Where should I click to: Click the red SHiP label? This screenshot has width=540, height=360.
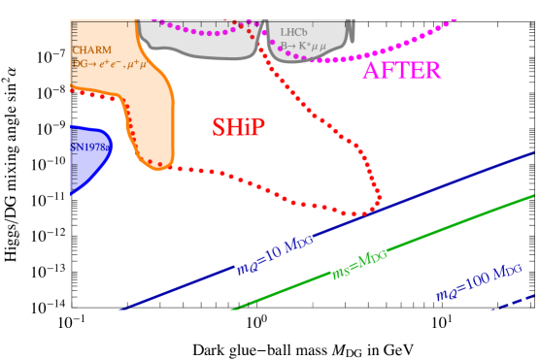pos(238,127)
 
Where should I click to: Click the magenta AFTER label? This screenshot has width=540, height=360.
pos(401,71)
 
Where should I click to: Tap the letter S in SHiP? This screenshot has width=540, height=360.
pos(219,127)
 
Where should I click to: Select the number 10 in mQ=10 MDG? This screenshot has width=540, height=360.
pos(272,257)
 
